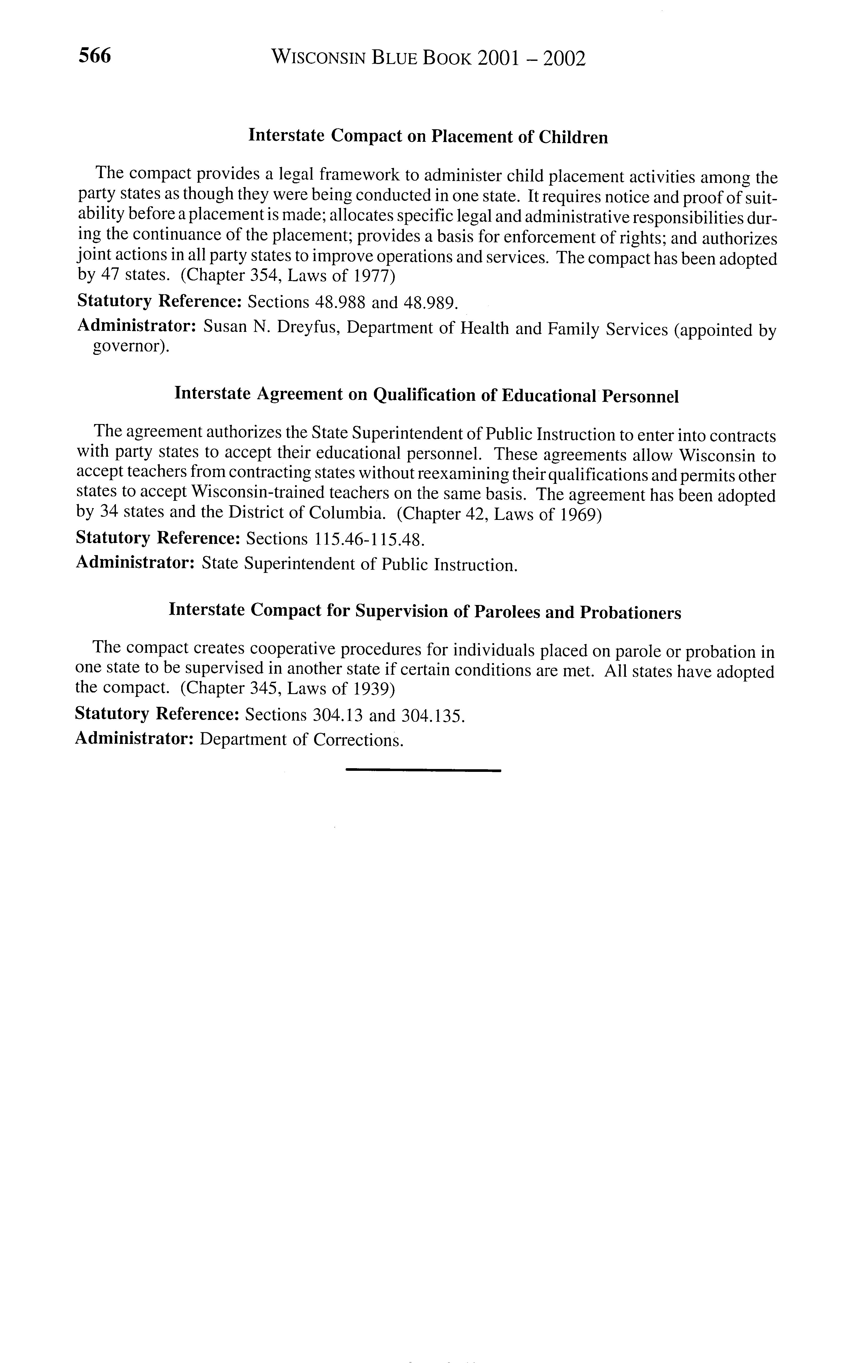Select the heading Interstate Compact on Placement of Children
pos(428,137)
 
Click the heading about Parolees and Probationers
pos(425,611)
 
